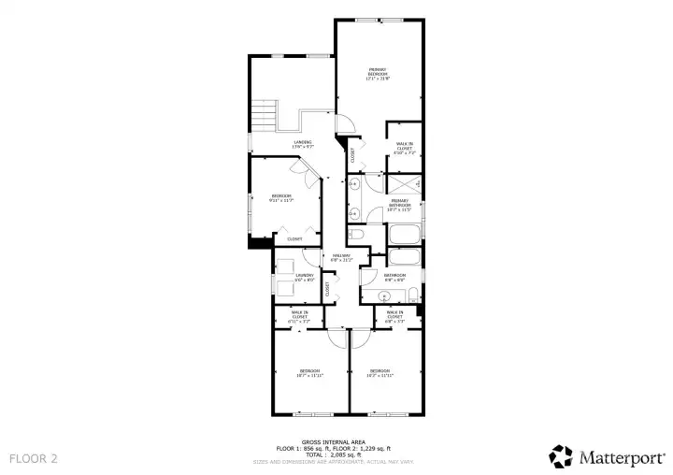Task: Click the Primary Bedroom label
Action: coord(378,73)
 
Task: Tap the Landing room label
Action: coord(303,144)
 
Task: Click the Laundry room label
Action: coord(305,277)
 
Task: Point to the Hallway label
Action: coord(339,257)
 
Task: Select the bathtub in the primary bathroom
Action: coord(405,233)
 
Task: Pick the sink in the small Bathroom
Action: coord(383,298)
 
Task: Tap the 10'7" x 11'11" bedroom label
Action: coord(309,373)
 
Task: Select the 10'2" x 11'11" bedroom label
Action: coord(379,373)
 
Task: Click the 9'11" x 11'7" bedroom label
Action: coord(281,197)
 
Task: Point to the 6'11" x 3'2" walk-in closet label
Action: coord(299,317)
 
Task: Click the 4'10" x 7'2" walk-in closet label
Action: coord(404,147)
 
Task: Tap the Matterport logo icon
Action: coord(561,455)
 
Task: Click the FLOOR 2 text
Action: coord(34,458)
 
